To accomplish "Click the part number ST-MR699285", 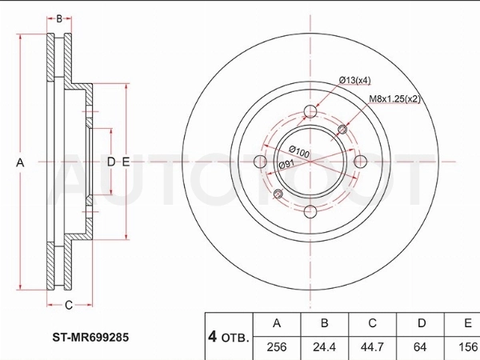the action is pos(90,338).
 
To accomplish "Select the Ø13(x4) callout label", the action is pos(354,80).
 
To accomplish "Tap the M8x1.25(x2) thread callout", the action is pos(394,99).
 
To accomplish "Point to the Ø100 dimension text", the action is pos(299,151).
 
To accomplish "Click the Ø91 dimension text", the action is pos(286,164).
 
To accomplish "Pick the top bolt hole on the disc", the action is pos(310,111).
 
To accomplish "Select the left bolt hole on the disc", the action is pos(261,162).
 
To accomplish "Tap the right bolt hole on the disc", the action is pos(360,162).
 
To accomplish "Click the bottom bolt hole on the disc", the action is pos(310,211).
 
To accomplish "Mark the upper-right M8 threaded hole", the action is pos(342,130).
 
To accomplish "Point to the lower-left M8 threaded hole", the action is pos(278,193).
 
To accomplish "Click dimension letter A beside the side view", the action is pos(20,162).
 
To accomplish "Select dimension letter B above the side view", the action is pos(59,18).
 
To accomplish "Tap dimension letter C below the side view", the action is pos(69,305).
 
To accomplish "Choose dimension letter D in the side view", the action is pos(111,162).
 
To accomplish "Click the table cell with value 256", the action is pos(277,347).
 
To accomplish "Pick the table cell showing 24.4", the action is pos(324,347).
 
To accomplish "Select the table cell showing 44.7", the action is pos(372,347).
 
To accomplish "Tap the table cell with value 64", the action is pos(420,347).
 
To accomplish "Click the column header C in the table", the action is pos(372,323).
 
